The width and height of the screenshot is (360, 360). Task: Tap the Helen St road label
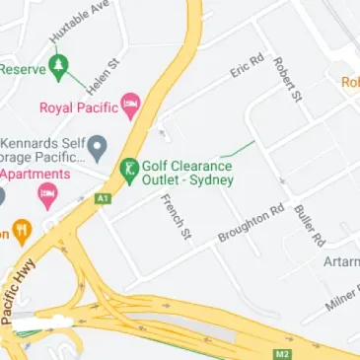(x=102, y=76)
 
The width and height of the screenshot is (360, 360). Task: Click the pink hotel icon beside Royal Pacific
(x=130, y=104)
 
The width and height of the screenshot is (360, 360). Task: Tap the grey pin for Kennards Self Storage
(x=97, y=149)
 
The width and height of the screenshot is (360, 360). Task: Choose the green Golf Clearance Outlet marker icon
(x=127, y=169)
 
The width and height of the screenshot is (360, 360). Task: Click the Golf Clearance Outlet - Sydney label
(x=186, y=175)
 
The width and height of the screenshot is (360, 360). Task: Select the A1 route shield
(x=103, y=198)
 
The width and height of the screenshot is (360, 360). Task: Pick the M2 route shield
(x=284, y=351)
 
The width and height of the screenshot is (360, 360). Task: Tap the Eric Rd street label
(x=247, y=67)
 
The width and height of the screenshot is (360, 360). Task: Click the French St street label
(x=174, y=215)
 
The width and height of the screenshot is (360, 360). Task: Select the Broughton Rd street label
(x=251, y=224)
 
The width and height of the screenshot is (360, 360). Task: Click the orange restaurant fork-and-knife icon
(x=22, y=233)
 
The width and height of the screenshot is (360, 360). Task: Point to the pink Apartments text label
(x=36, y=174)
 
